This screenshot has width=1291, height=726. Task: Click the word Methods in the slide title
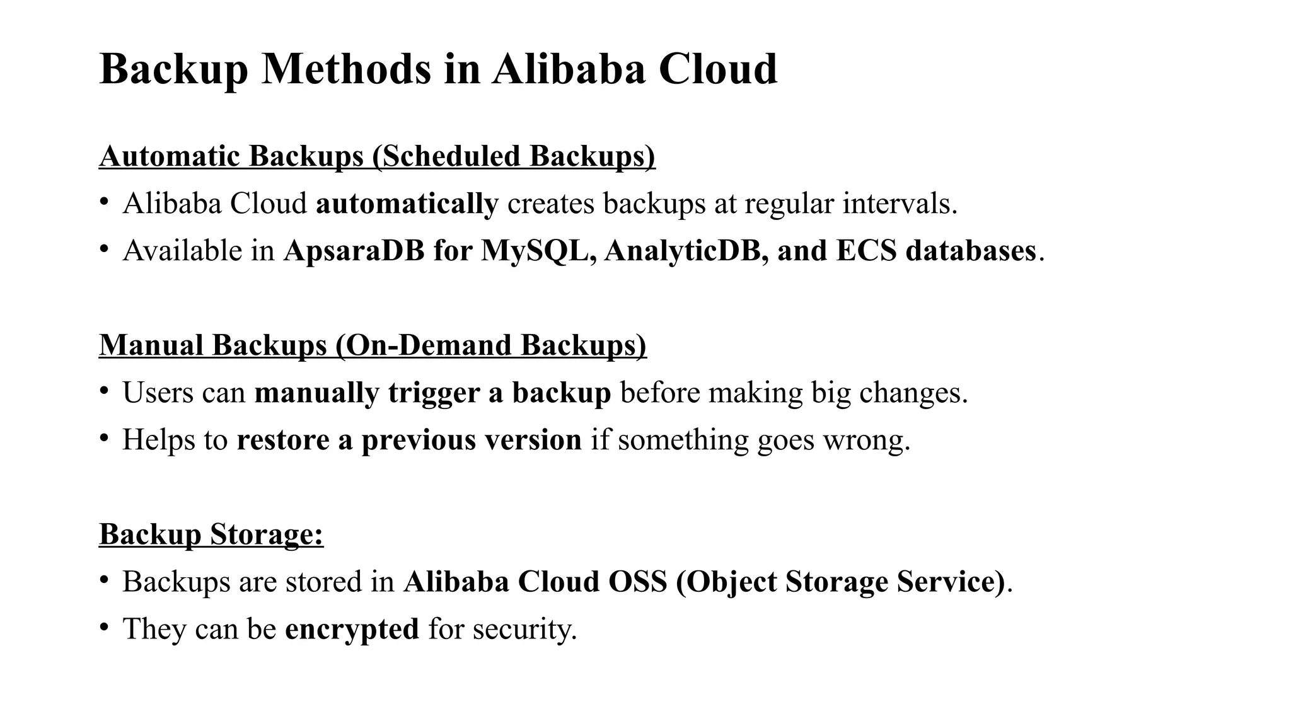(x=346, y=69)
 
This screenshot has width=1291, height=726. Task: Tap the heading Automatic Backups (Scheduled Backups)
(x=377, y=156)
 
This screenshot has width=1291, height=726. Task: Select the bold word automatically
(x=407, y=204)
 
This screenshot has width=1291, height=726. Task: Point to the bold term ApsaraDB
(x=354, y=251)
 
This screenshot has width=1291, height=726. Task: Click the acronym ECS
(x=866, y=251)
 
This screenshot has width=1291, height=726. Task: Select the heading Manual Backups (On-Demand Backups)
(x=373, y=345)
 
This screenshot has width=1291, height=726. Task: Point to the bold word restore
(x=282, y=440)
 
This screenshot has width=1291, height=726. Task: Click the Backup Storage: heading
(x=211, y=534)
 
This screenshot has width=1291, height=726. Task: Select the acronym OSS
(x=637, y=582)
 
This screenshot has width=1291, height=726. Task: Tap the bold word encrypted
(x=352, y=629)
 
